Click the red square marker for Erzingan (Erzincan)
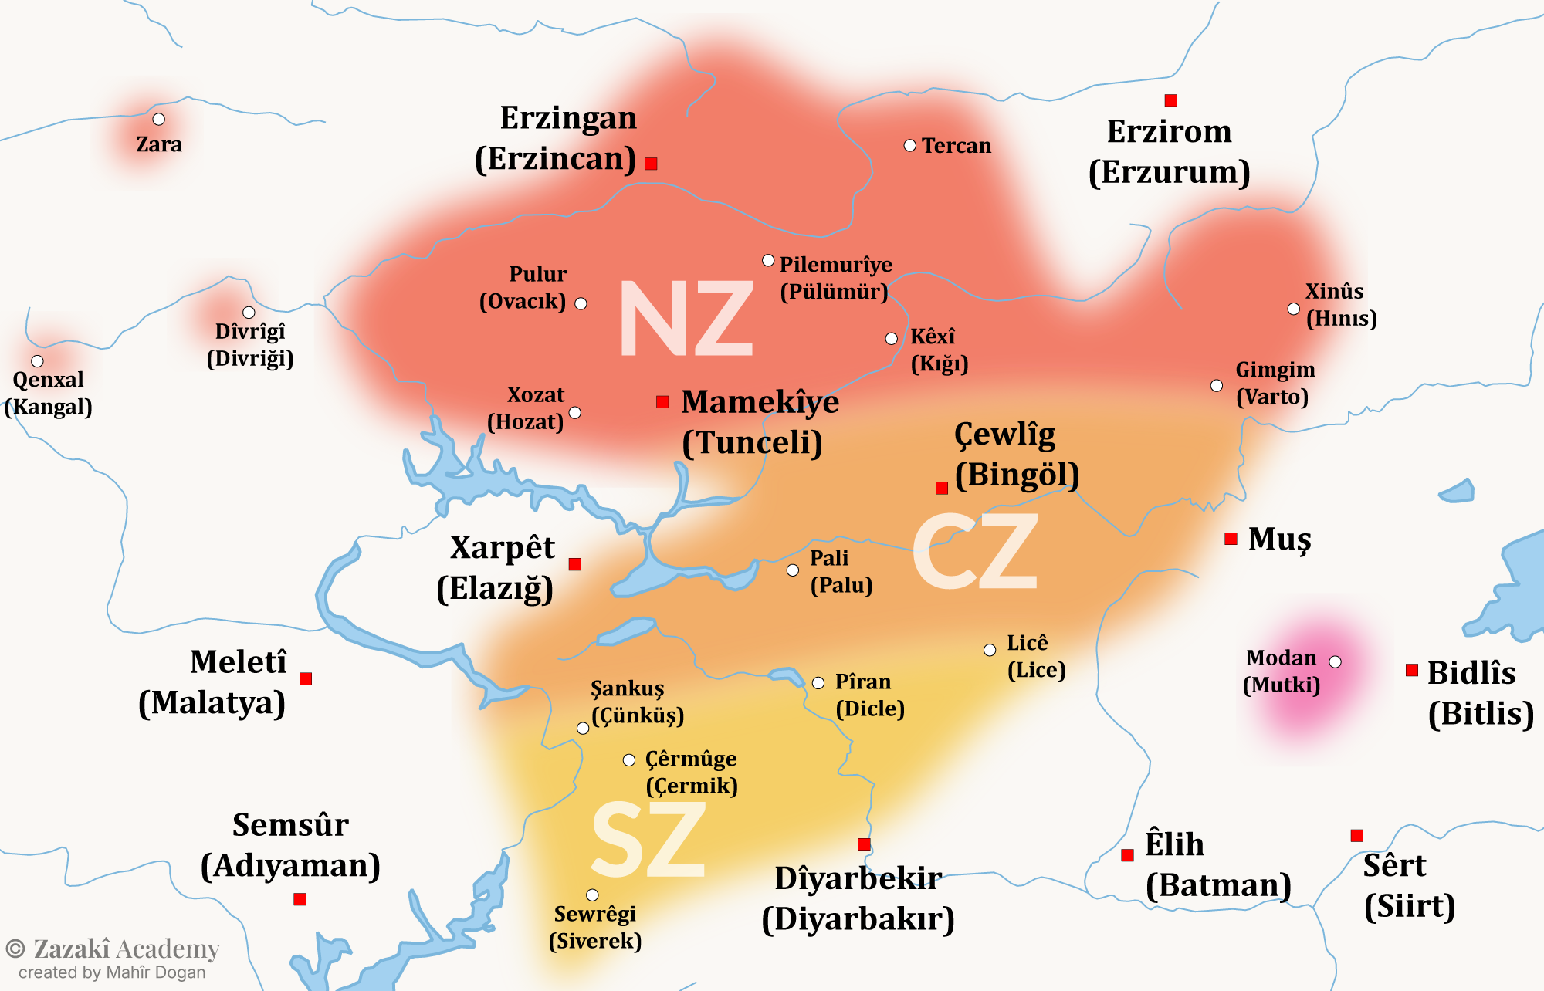click(651, 164)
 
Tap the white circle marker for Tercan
click(909, 145)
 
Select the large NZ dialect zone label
click(686, 319)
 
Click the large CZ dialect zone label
click(976, 553)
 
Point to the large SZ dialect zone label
click(648, 840)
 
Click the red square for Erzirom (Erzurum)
click(1170, 100)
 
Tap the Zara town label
click(159, 144)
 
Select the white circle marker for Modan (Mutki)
click(1335, 661)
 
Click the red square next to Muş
click(1231, 539)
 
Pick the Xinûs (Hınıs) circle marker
click(1293, 309)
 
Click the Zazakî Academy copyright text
click(113, 949)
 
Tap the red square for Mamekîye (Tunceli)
click(662, 402)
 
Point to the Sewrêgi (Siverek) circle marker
click(592, 895)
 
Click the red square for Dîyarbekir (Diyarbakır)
click(864, 844)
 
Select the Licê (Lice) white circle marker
click(990, 650)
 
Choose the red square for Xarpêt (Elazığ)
click(574, 564)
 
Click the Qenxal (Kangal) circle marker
click(37, 360)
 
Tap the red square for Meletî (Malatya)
click(306, 678)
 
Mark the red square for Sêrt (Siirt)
click(1356, 835)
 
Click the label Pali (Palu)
click(840, 571)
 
